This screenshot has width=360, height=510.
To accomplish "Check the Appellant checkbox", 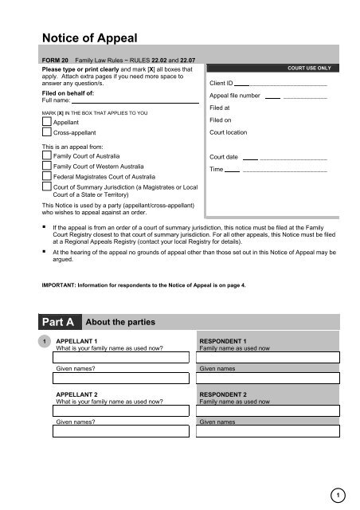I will pos(47,122).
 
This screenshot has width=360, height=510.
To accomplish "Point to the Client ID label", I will pos(221,82).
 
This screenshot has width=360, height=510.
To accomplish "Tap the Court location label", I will pos(228,131).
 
